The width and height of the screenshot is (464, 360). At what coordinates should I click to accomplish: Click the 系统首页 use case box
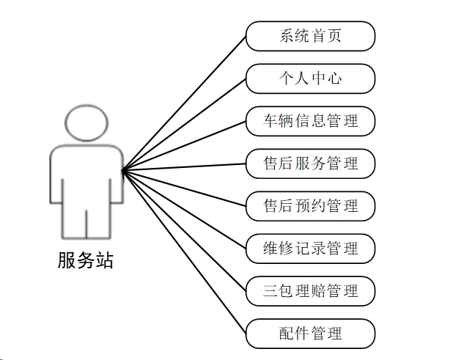(311, 36)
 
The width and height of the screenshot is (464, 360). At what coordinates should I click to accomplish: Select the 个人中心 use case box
(311, 78)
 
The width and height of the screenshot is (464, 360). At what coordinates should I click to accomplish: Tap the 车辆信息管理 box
(311, 121)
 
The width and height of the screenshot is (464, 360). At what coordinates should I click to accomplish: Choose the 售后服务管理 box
(311, 164)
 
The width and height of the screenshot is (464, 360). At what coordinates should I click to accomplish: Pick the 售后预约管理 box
(311, 206)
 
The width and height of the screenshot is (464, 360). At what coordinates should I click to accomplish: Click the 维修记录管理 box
(311, 249)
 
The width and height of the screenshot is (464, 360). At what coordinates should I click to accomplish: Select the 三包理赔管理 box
(311, 291)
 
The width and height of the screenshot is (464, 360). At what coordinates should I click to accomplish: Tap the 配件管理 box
(311, 334)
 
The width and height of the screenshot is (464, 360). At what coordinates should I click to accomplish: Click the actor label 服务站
(86, 260)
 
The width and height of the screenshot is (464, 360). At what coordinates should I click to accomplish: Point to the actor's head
(86, 122)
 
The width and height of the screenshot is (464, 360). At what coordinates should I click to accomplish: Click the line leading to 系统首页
(183, 103)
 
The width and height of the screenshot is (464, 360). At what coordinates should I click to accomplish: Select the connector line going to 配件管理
(183, 251)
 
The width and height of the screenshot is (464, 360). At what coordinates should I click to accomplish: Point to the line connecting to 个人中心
(183, 125)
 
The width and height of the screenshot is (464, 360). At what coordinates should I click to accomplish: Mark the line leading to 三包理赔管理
(183, 230)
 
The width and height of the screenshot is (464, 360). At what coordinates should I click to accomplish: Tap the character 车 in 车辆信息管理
(270, 121)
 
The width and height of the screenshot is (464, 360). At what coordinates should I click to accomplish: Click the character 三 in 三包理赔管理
(270, 291)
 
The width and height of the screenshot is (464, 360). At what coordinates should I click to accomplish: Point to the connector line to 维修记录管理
(183, 209)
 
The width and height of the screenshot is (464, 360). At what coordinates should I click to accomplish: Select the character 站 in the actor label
(105, 260)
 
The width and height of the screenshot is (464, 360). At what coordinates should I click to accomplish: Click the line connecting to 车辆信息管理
(183, 146)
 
